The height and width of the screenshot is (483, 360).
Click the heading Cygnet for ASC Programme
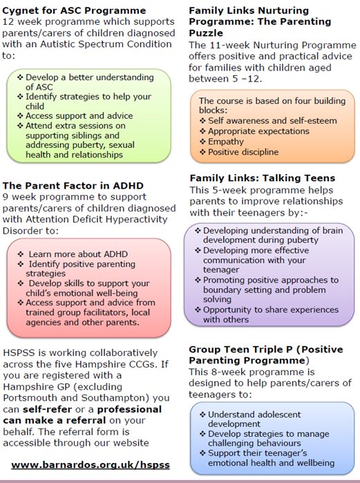74,10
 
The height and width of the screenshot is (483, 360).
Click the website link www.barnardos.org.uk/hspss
91,464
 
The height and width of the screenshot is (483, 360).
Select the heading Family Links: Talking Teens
262,178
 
